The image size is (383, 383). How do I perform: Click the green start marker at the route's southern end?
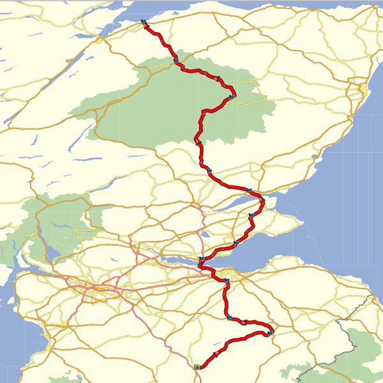[197, 367]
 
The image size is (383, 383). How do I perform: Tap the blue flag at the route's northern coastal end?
[144, 24]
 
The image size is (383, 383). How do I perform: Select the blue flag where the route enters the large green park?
[176, 61]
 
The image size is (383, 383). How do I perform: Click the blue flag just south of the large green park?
[209, 170]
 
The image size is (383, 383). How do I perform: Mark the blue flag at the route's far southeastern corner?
[271, 333]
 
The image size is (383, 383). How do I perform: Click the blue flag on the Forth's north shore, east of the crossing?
[236, 243]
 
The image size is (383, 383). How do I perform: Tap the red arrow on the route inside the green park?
[218, 79]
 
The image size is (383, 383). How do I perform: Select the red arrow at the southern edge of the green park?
[198, 140]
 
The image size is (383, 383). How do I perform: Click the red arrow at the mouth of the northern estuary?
[262, 202]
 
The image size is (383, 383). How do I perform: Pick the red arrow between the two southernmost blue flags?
[244, 323]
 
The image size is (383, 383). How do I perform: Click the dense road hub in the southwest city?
[96, 290]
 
